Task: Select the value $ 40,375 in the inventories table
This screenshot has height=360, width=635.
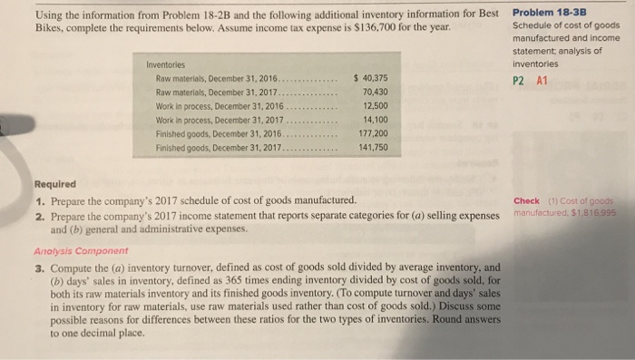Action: [x=370, y=78]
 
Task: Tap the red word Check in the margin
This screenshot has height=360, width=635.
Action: [x=526, y=200]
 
